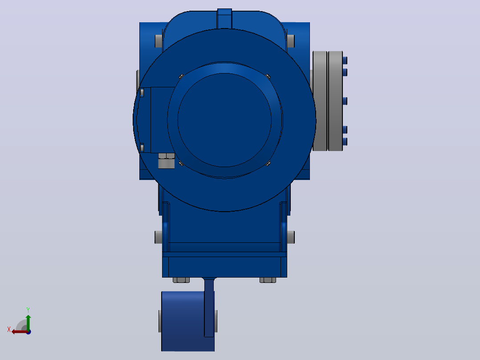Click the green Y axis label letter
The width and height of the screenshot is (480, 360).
pos(28,310)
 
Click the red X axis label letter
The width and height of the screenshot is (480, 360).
pos(9,329)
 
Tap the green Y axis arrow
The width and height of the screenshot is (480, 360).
pos(28,323)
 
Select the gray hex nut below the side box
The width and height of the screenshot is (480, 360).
pos(166,161)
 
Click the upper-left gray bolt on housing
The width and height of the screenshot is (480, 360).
pos(159,41)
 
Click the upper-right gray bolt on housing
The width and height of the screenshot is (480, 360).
pos(290,41)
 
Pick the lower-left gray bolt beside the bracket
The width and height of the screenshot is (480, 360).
pos(159,237)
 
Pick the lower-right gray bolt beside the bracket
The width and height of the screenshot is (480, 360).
pos(290,237)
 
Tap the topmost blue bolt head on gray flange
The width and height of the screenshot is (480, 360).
pos(345,60)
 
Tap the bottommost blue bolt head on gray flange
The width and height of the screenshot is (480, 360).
pos(345,142)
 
